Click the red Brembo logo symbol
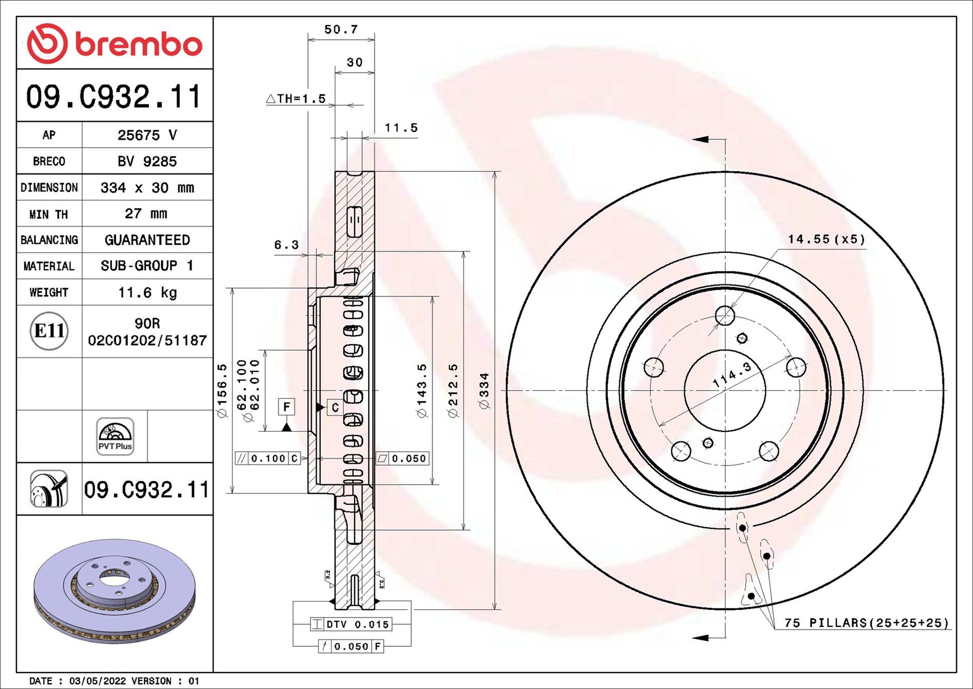point(47,43)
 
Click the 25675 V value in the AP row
point(147,135)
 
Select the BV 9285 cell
point(147,162)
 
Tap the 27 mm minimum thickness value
point(146,214)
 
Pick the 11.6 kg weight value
point(147,293)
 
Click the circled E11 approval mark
point(49,331)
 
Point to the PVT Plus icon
point(115,436)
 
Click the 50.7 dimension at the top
point(341,30)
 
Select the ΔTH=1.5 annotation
point(297,99)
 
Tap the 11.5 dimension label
point(401,128)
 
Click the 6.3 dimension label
point(286,245)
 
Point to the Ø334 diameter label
point(484,391)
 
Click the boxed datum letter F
point(286,407)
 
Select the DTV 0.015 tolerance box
point(352,624)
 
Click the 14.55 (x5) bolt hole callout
point(826,239)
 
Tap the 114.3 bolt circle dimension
point(732,375)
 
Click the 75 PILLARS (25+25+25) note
point(866,623)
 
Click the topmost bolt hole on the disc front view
point(725,315)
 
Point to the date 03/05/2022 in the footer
point(97,681)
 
